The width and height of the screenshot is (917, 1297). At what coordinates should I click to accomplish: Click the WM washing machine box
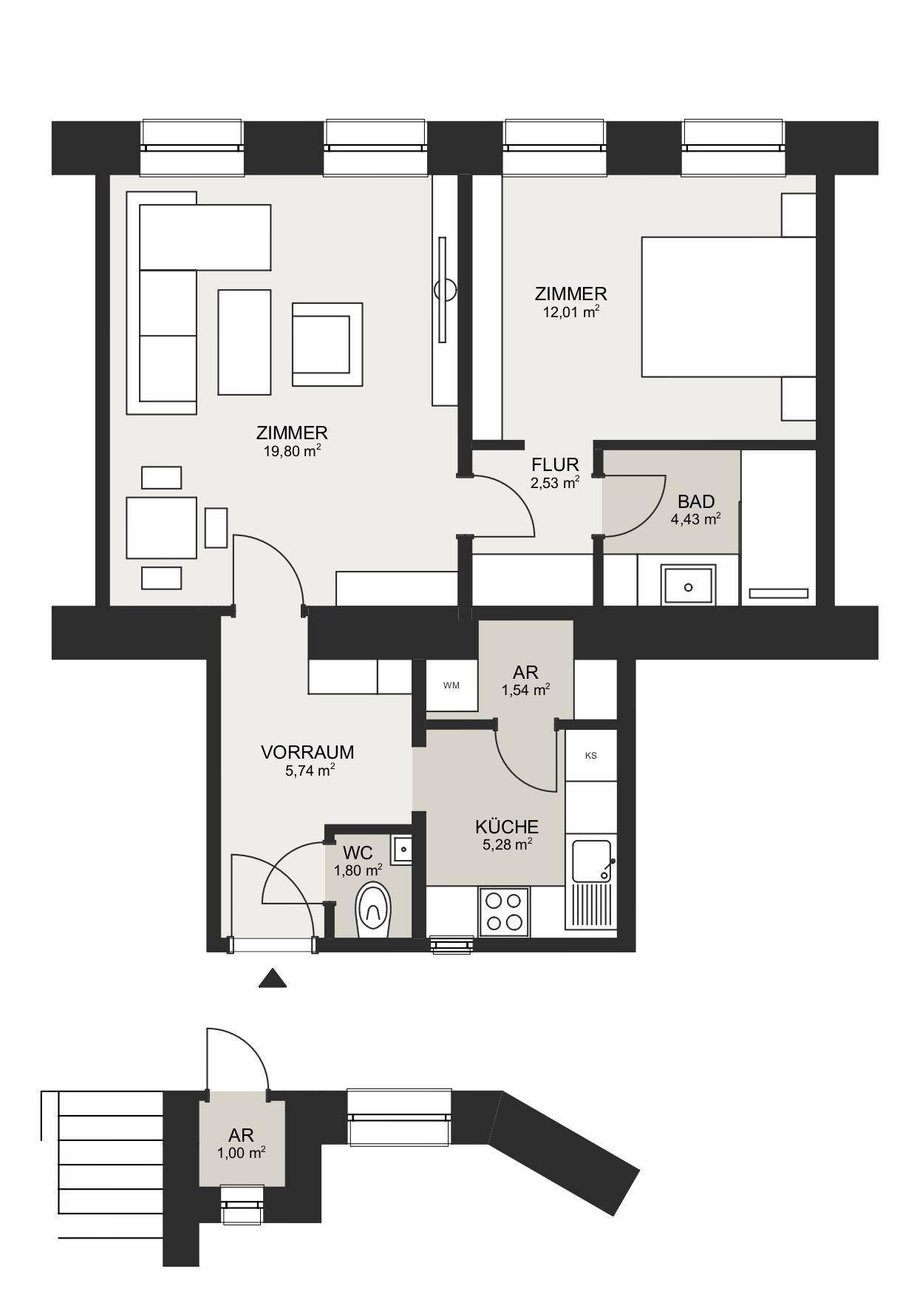451,685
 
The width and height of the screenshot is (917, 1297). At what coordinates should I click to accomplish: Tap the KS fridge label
590,756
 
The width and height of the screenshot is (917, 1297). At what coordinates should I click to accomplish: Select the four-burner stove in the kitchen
505,911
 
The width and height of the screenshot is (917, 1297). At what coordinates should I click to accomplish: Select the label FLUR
555,465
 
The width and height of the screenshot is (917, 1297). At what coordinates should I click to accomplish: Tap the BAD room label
696,502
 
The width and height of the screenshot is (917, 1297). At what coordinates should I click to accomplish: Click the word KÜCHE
507,826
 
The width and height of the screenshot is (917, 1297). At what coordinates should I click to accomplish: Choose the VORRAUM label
307,752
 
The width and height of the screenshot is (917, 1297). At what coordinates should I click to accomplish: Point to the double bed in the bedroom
729,307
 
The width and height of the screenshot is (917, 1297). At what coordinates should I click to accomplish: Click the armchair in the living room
327,344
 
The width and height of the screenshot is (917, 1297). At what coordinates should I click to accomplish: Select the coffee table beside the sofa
244,342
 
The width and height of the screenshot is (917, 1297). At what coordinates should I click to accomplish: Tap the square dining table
161,527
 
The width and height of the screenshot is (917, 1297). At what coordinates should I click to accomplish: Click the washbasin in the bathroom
689,585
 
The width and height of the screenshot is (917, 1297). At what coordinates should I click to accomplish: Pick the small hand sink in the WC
402,849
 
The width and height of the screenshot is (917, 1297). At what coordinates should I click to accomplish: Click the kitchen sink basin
591,861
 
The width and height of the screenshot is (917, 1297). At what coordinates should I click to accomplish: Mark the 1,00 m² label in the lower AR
242,1152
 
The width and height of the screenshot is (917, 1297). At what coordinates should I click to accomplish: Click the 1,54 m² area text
526,690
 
